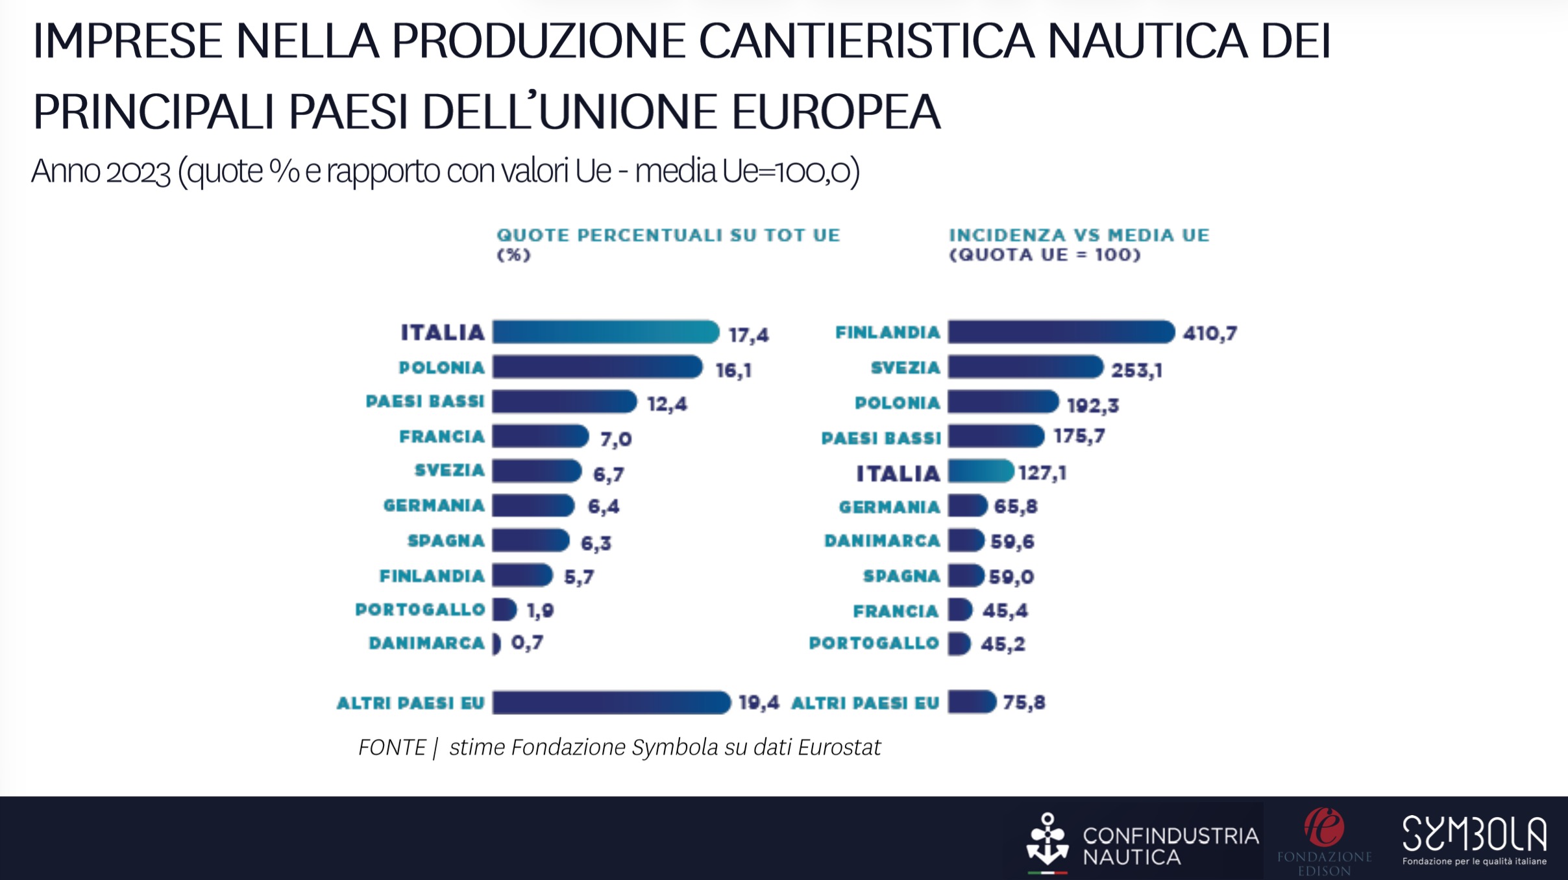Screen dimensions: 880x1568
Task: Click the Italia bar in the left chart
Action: (x=605, y=332)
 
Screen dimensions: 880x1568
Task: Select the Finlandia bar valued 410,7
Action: (x=1060, y=332)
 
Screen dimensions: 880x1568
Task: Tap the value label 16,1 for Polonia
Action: (x=733, y=371)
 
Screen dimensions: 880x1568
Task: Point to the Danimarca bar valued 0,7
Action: (x=496, y=644)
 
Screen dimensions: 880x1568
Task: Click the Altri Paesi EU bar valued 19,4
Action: (x=611, y=703)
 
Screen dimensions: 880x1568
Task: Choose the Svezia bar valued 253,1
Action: (x=1025, y=367)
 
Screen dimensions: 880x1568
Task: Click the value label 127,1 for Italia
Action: (x=1042, y=472)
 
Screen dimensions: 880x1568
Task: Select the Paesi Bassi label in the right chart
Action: (x=881, y=438)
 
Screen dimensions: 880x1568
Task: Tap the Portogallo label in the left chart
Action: (x=420, y=610)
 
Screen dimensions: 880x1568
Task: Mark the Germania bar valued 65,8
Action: (x=967, y=506)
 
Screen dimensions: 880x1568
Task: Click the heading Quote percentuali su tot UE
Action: (x=668, y=235)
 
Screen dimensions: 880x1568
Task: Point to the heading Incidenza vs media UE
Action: (x=1079, y=235)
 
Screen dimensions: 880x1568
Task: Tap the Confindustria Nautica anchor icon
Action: (x=1047, y=840)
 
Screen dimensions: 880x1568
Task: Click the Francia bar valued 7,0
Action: (x=539, y=437)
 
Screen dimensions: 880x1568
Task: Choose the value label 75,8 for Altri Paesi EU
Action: (x=1024, y=703)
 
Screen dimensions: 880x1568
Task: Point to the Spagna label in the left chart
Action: (x=446, y=541)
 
